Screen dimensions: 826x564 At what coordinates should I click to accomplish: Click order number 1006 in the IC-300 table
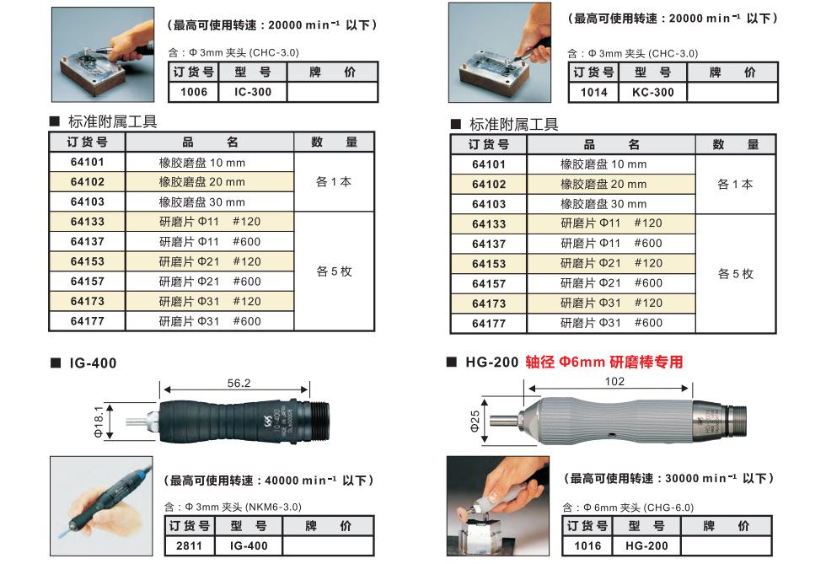(194, 92)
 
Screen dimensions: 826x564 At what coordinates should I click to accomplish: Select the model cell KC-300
(652, 92)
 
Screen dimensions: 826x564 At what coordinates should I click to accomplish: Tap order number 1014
(593, 92)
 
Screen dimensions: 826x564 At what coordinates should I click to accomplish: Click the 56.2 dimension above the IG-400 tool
(239, 383)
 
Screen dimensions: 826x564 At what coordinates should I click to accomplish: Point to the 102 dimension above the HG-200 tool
(614, 381)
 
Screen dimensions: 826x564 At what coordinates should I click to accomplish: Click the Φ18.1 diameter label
(99, 422)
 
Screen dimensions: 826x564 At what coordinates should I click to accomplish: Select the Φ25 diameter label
(475, 422)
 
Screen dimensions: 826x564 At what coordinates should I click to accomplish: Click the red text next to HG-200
(604, 363)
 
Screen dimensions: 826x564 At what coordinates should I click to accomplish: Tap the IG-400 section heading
(93, 363)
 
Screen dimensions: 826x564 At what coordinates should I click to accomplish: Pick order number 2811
(189, 545)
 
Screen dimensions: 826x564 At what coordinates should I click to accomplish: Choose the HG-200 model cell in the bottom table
(646, 545)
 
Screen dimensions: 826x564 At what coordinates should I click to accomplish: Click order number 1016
(587, 545)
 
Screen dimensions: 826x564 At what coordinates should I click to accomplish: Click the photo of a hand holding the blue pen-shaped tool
(102, 506)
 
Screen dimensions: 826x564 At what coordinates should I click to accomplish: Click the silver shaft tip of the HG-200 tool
(504, 421)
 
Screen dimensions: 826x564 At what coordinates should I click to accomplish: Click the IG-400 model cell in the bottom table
(249, 545)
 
